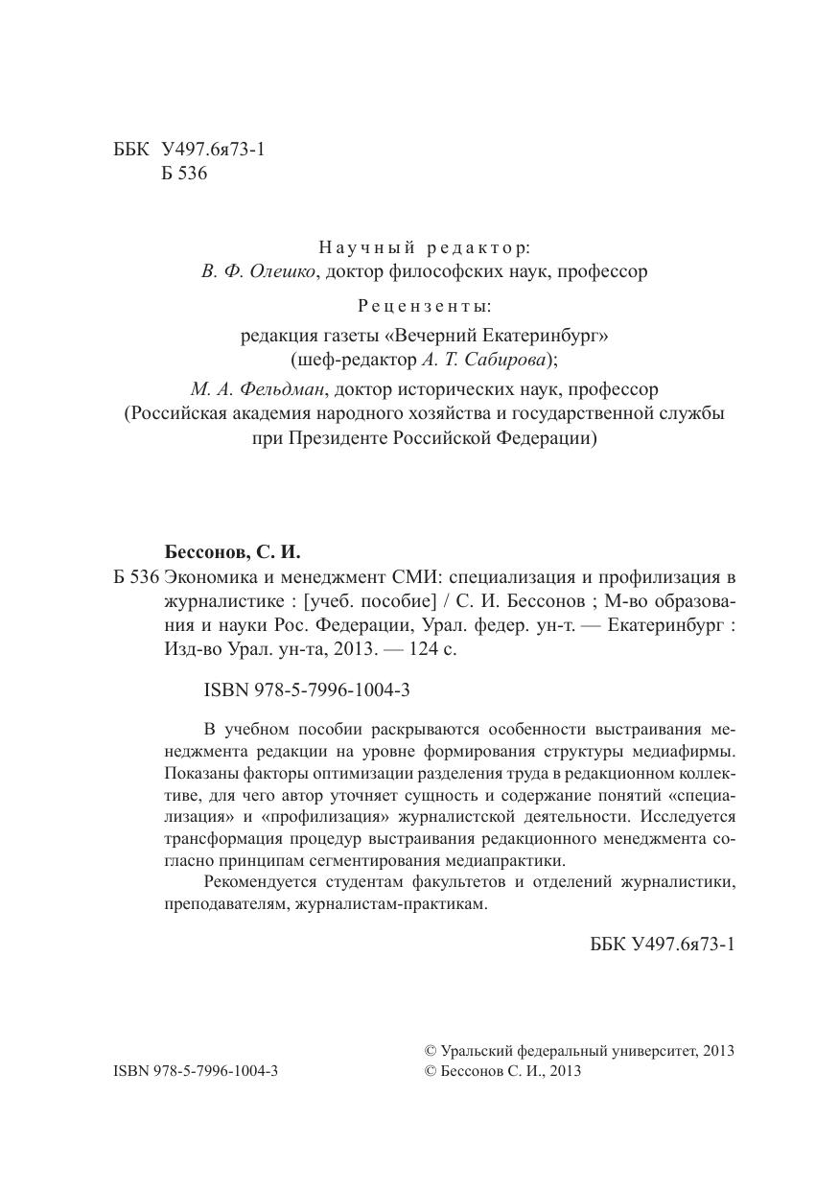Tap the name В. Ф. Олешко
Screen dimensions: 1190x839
tap(259, 271)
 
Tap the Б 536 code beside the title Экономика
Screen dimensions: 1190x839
tap(134, 577)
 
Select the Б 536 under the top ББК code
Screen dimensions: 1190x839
tap(185, 174)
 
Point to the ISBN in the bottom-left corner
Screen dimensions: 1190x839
tap(196, 1071)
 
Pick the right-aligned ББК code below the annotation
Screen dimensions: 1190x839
tap(663, 945)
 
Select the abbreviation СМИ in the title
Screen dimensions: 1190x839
tap(415, 577)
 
